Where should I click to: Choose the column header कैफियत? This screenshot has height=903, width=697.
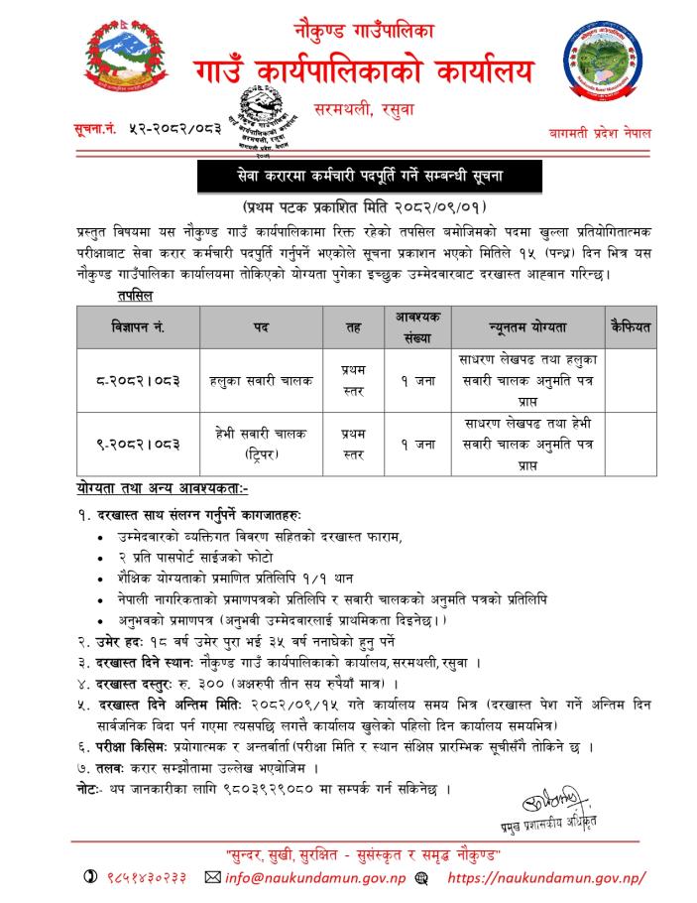pyautogui.click(x=628, y=324)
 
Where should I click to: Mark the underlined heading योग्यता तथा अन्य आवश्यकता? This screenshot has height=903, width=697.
pyautogui.click(x=163, y=489)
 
